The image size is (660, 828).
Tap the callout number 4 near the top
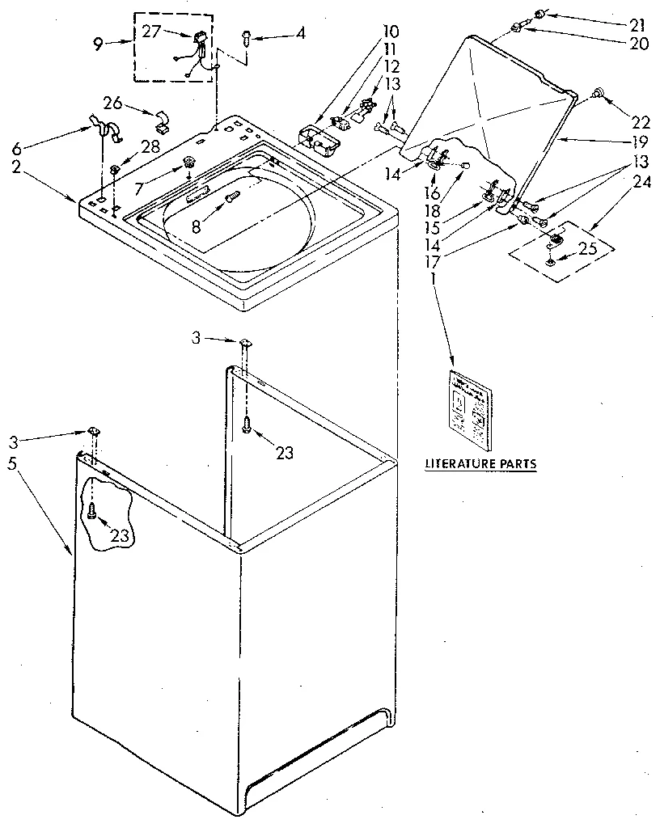301,34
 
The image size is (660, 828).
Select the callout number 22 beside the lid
641,122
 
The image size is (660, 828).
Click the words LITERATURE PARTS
480,464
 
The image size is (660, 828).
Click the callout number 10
391,33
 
